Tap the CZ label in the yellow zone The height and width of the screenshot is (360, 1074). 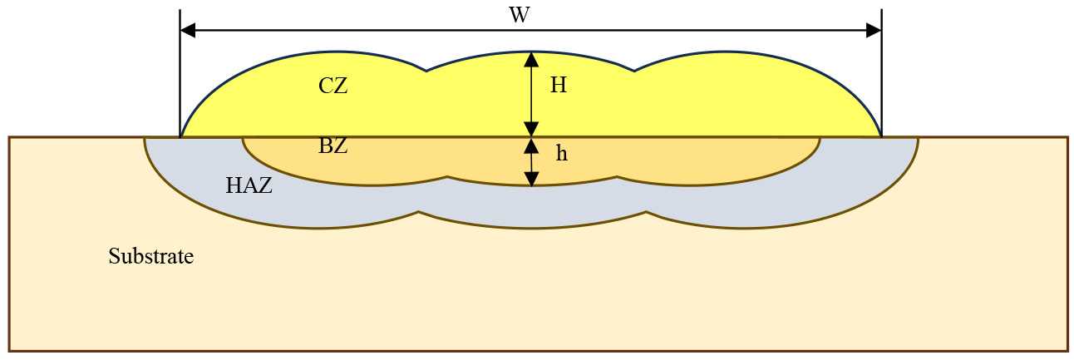(x=333, y=86)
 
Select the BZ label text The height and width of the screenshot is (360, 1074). (x=333, y=147)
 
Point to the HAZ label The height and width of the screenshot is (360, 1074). (x=249, y=186)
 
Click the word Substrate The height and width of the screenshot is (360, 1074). (x=150, y=257)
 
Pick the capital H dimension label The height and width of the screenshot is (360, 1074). (x=558, y=86)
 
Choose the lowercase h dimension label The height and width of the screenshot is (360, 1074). (x=561, y=154)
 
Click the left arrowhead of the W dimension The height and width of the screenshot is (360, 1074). (x=188, y=31)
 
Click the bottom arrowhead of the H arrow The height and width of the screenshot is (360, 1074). (x=531, y=129)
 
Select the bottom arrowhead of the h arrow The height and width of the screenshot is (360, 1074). (x=531, y=178)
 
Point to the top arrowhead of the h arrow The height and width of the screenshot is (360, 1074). (x=531, y=145)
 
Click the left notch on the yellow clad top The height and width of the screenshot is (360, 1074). (x=426, y=71)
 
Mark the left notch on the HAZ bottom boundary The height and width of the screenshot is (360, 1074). (x=420, y=213)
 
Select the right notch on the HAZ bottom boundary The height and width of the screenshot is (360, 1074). (x=646, y=214)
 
